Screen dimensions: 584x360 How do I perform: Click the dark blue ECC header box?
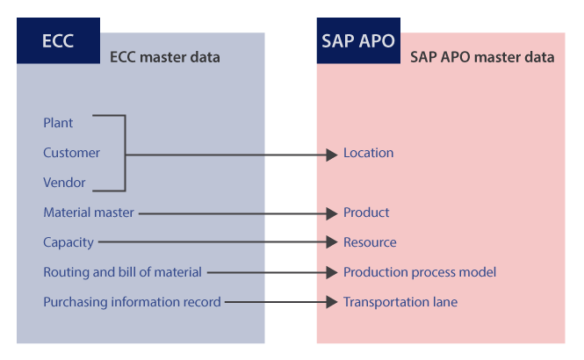(58, 40)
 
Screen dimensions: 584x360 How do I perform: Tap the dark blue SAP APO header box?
(358, 40)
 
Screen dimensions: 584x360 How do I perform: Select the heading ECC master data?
(164, 57)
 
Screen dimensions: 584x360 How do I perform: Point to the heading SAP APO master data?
(482, 57)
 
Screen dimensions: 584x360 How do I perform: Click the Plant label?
(58, 123)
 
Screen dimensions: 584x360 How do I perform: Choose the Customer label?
(71, 153)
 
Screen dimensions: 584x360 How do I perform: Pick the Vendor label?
(64, 183)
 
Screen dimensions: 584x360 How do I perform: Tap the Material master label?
(89, 212)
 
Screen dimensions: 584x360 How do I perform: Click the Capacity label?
(68, 242)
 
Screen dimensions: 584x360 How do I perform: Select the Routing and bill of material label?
(123, 272)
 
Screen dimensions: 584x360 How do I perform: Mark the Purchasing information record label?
(133, 302)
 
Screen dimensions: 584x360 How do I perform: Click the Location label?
(368, 153)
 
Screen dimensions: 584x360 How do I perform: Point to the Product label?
(366, 212)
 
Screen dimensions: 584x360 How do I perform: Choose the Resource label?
(370, 242)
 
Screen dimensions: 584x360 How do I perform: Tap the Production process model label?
(420, 272)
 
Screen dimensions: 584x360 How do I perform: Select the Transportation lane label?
(400, 302)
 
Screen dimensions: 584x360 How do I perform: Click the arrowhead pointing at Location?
(331, 155)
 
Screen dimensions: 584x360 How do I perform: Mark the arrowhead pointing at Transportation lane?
(331, 302)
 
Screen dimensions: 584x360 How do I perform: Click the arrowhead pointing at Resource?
(331, 242)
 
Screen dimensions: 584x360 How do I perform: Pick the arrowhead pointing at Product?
(331, 213)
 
